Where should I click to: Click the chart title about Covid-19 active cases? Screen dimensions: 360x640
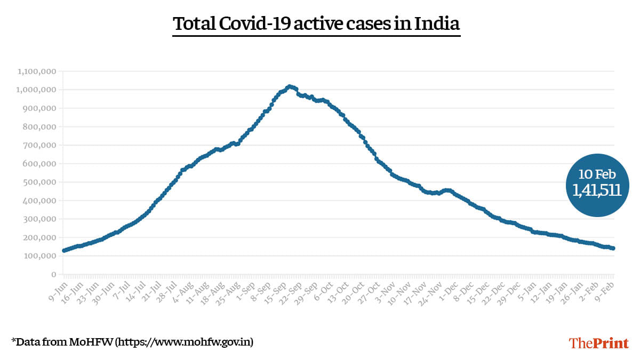(316, 24)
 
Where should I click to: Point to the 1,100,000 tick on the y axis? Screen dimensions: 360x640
(37, 71)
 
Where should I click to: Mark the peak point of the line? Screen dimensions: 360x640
(289, 86)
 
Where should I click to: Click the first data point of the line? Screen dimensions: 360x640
(64, 251)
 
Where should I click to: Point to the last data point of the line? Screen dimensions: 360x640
(613, 249)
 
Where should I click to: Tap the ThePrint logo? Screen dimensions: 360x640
(599, 342)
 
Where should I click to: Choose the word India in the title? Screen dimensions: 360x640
(438, 24)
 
